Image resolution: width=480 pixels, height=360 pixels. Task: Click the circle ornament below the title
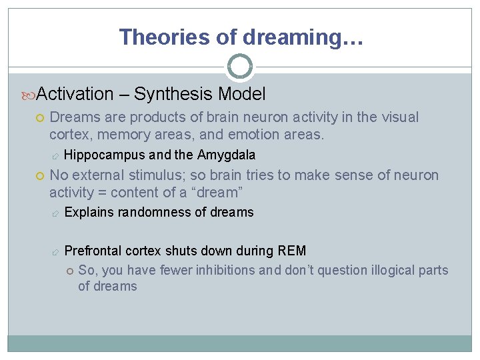240,66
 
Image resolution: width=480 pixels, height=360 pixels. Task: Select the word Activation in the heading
75,94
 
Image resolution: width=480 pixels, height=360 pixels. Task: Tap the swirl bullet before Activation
29,95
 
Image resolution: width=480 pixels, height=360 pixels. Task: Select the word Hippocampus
105,155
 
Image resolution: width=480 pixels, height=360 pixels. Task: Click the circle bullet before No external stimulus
40,176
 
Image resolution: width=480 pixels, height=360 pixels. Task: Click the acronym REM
291,251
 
